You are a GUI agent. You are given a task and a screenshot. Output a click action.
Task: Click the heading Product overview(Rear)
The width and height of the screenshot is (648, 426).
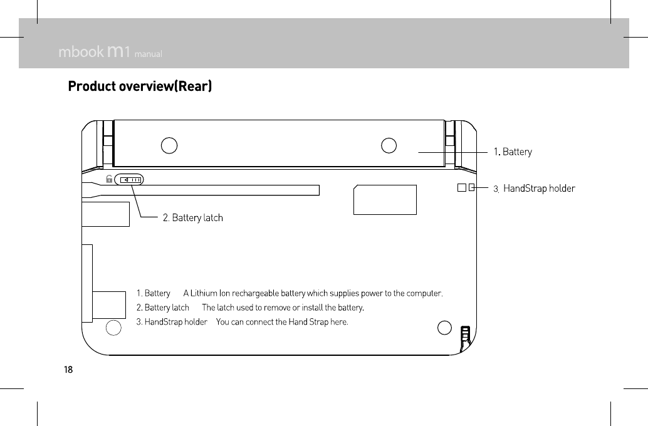pyautogui.click(x=140, y=86)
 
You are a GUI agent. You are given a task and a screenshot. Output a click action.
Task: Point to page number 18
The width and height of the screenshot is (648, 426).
pyautogui.click(x=68, y=369)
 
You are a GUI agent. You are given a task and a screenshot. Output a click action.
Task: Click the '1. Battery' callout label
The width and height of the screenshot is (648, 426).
pyautogui.click(x=513, y=152)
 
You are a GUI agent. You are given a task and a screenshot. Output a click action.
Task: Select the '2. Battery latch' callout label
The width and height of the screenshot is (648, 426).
pyautogui.click(x=192, y=218)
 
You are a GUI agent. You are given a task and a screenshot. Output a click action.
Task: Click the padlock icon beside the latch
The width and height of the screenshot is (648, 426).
pyautogui.click(x=109, y=180)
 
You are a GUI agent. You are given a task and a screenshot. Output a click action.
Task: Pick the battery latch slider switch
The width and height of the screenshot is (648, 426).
pyautogui.click(x=131, y=180)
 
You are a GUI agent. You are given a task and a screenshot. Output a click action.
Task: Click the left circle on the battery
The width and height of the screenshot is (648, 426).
pyautogui.click(x=169, y=145)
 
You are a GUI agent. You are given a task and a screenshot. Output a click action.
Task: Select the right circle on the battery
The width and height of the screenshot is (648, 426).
pyautogui.click(x=389, y=145)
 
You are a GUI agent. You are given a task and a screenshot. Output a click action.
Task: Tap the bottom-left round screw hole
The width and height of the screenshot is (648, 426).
pyautogui.click(x=113, y=328)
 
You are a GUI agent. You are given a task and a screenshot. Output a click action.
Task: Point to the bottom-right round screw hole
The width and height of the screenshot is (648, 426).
pyautogui.click(x=444, y=328)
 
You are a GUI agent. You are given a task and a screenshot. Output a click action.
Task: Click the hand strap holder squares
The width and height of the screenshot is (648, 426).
pyautogui.click(x=466, y=187)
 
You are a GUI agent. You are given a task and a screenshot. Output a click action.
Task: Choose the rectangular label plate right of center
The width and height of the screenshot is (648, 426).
pyautogui.click(x=385, y=199)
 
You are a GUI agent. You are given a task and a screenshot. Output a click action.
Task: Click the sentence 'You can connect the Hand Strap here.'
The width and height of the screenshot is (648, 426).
pyautogui.click(x=282, y=322)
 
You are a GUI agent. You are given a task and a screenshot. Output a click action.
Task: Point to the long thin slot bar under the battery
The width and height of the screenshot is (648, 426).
pyautogui.click(x=213, y=190)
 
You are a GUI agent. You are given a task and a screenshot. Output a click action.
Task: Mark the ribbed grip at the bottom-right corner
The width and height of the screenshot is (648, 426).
pyautogui.click(x=465, y=338)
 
